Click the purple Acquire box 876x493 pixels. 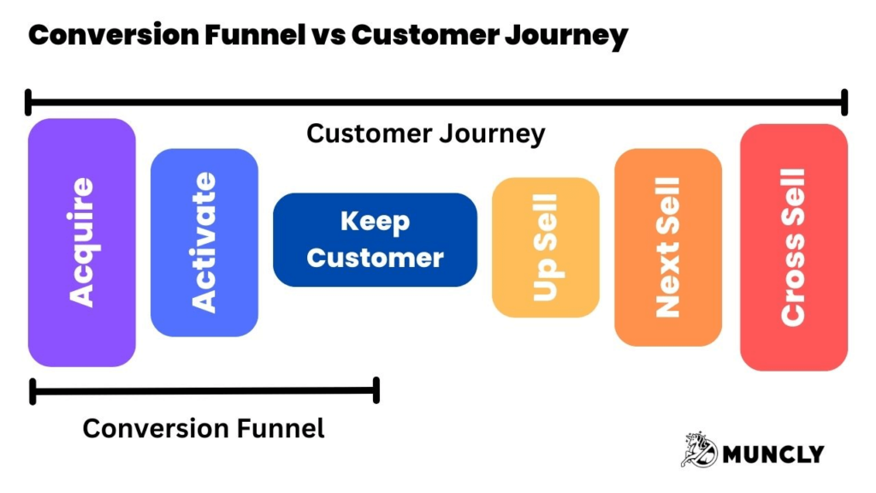[x=81, y=242]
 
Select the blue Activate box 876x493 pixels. [x=204, y=242]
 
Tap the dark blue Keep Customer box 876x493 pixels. [x=375, y=240]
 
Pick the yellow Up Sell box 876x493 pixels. [x=545, y=247]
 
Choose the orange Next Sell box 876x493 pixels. [x=667, y=247]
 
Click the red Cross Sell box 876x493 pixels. [x=793, y=247]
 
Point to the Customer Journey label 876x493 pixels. [x=425, y=134]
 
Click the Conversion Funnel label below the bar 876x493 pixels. [x=204, y=428]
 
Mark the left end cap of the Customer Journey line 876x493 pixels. [x=29, y=102]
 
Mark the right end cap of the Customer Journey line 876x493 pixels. [x=844, y=102]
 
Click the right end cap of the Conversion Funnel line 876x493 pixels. [x=376, y=392]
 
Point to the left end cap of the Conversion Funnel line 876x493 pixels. [x=33, y=392]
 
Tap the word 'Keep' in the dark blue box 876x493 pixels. [x=375, y=222]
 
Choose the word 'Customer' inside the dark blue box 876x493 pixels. [x=375, y=258]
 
